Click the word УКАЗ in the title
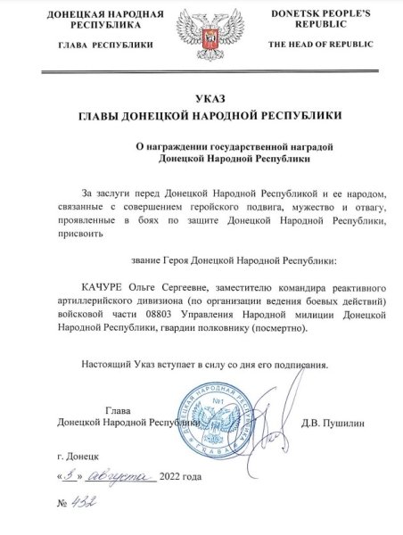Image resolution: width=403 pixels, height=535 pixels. point(201,97)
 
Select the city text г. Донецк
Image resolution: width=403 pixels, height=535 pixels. point(77,455)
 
